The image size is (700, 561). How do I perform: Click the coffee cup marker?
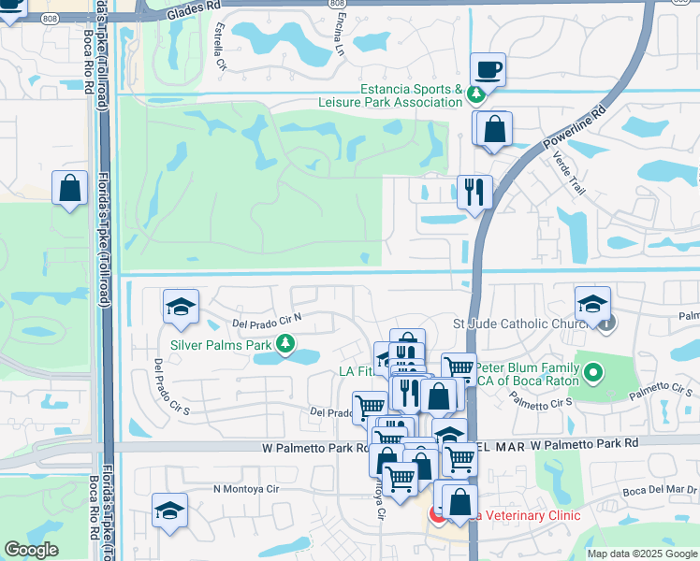click(488, 69)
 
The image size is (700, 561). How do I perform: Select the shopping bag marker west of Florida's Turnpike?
click(70, 189)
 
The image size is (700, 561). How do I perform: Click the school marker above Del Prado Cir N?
click(181, 307)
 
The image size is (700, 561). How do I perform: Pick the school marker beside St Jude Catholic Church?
click(591, 304)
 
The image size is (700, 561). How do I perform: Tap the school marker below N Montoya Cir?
click(169, 511)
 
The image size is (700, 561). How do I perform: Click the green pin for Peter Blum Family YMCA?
click(592, 375)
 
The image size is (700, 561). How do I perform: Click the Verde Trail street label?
click(572, 174)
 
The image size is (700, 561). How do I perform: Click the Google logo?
click(31, 550)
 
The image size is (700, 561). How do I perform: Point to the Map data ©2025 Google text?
click(642, 554)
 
